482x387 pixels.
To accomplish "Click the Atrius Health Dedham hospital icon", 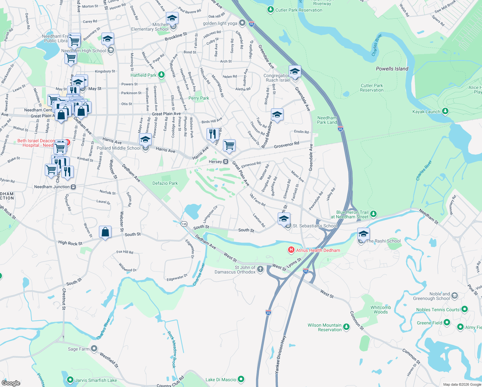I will [x=291, y=250].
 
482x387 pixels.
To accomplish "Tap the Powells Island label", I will [x=392, y=69].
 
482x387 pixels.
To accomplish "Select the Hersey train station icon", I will [x=226, y=162].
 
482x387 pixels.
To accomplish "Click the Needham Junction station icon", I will [x=73, y=187].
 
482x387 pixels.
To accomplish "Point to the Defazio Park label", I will [x=165, y=183].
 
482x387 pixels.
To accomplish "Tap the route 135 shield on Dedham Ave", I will [x=184, y=224].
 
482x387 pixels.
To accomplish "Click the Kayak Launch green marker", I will [x=445, y=112].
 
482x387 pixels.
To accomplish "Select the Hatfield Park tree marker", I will [x=161, y=75].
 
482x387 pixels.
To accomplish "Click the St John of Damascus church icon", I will [x=260, y=269].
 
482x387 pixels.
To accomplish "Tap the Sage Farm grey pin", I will [x=94, y=349].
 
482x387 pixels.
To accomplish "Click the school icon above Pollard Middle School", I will [x=145, y=140].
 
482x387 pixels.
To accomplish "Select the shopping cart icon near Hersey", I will [x=229, y=145].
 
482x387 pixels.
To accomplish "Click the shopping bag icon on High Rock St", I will [x=105, y=232].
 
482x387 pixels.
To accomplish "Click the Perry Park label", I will [x=199, y=98].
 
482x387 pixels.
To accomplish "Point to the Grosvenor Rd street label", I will [x=286, y=145].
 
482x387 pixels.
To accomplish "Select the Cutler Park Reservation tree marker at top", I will [x=271, y=10].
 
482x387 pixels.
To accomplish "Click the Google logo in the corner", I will [x=11, y=383].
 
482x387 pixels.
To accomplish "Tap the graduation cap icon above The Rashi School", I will [x=363, y=234].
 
